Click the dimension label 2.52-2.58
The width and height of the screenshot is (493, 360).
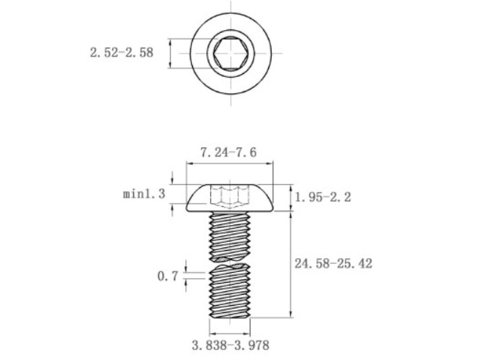122,53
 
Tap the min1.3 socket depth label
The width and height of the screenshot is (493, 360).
144,194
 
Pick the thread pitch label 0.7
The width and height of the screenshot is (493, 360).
168,276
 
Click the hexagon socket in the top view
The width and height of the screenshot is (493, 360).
229,53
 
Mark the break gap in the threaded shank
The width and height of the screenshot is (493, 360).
230,262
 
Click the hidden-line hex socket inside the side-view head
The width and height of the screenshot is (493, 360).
229,196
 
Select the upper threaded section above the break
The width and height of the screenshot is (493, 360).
230,234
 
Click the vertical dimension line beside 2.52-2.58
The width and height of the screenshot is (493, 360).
170,53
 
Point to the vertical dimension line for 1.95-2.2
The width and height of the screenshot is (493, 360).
291,196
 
